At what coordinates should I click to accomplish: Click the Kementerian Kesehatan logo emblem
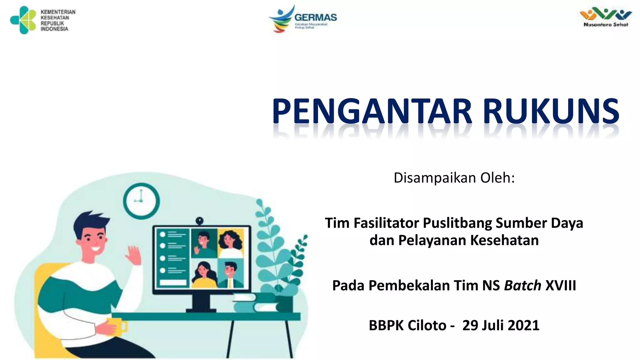(23, 20)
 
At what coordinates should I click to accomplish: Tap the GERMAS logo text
(316, 17)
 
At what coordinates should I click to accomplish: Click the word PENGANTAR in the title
(372, 112)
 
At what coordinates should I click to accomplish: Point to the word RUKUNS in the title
(551, 112)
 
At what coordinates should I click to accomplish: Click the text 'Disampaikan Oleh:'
(454, 178)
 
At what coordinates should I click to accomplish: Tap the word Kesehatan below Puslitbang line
(504, 240)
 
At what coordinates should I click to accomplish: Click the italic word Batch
(522, 286)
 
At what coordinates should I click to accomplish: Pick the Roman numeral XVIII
(561, 286)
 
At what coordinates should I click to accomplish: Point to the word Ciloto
(427, 325)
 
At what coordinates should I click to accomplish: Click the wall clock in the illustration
(141, 201)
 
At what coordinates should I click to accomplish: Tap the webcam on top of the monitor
(200, 221)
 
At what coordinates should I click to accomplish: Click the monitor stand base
(201, 310)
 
